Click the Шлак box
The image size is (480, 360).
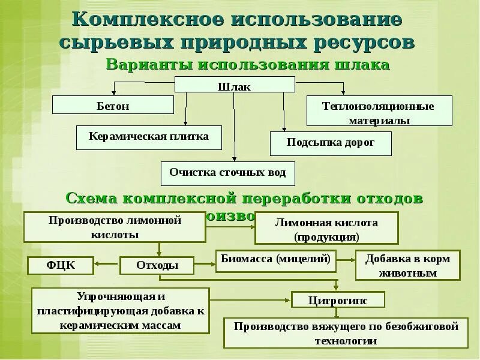(235, 85)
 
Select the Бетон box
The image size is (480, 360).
(113, 106)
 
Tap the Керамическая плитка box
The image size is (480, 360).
(149, 137)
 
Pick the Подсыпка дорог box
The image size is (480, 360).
(330, 143)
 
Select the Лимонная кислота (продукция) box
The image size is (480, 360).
(326, 229)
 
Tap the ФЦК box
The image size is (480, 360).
(61, 265)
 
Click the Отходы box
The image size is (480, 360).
(157, 265)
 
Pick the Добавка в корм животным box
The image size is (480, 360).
(407, 265)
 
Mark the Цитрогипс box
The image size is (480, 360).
(338, 299)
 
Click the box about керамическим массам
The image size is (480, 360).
(120, 311)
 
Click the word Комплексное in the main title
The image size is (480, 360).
(148, 19)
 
